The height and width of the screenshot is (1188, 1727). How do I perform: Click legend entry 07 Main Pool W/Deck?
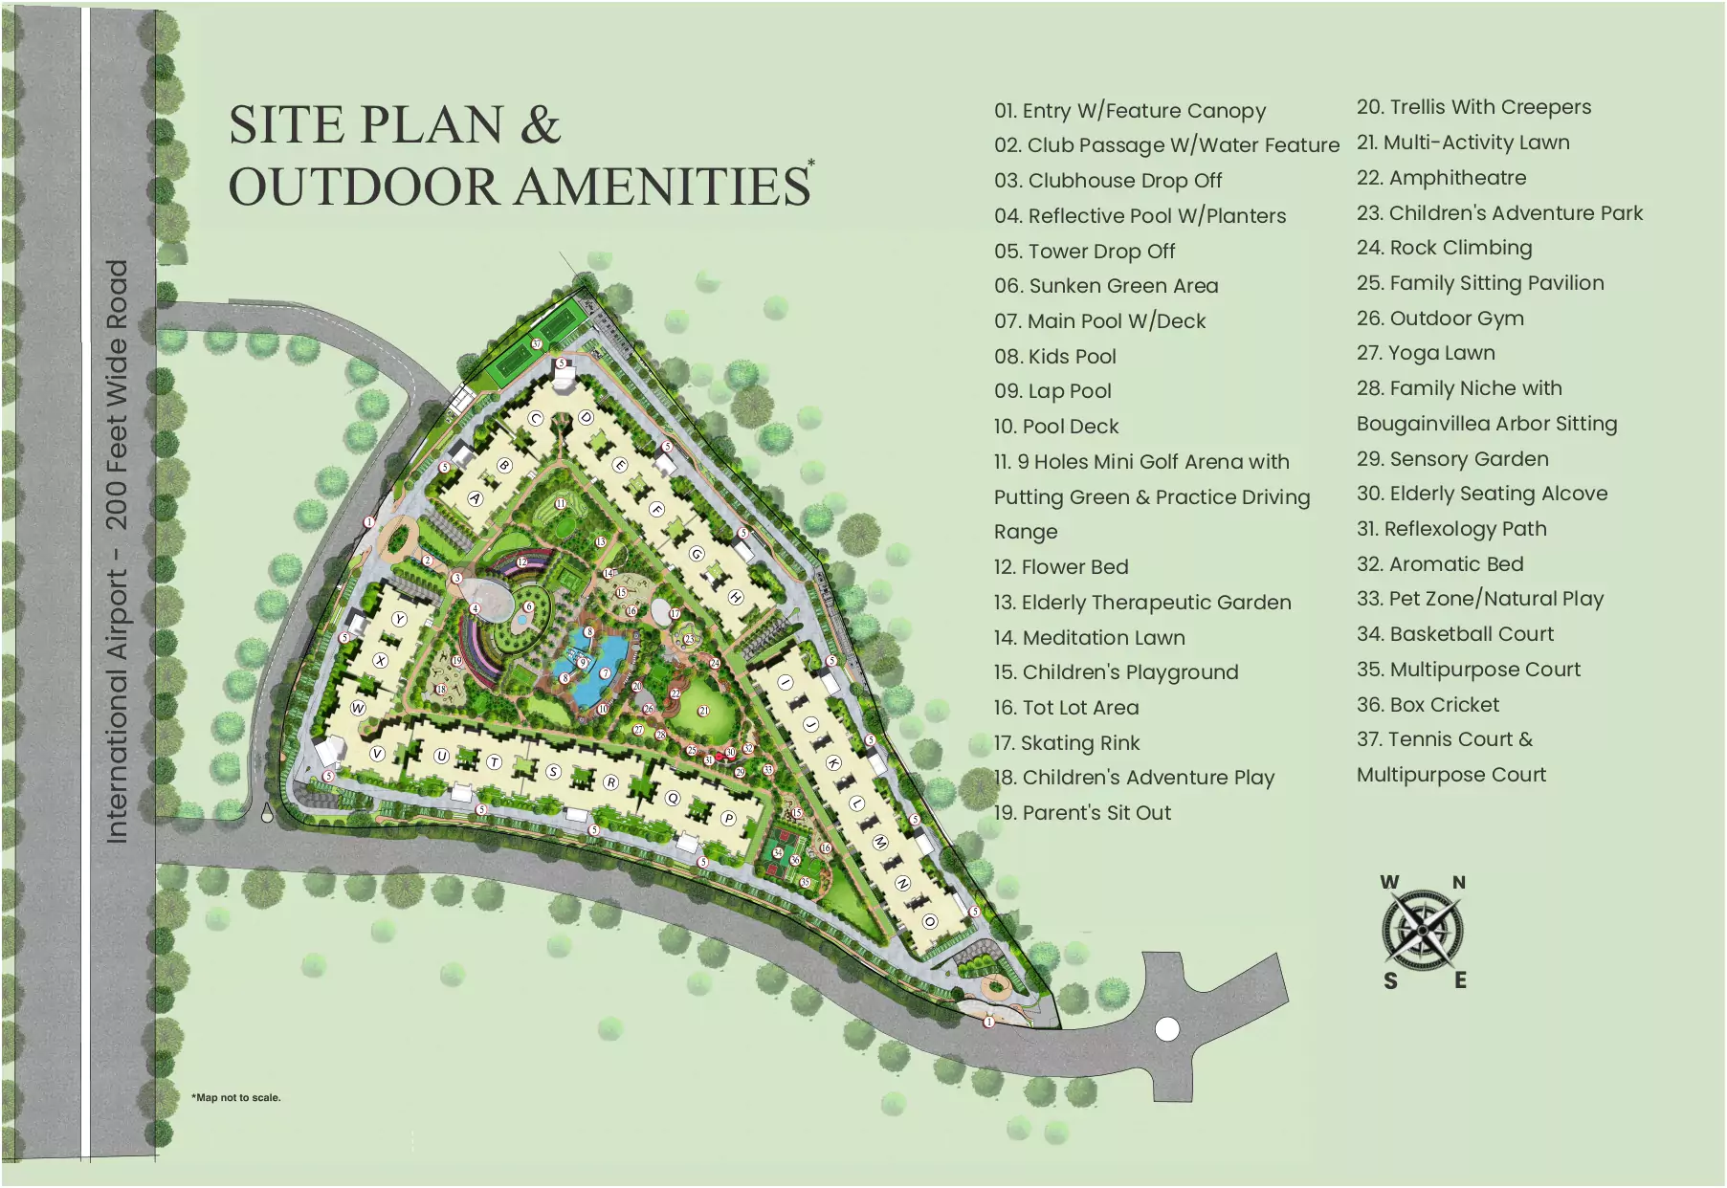click(1099, 321)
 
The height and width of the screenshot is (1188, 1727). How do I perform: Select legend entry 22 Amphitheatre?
click(1441, 178)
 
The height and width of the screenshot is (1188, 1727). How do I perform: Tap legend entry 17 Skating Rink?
click(1067, 743)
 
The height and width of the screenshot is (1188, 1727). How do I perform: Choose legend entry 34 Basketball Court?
click(1454, 634)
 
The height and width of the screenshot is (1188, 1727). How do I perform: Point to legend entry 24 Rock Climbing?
click(1444, 248)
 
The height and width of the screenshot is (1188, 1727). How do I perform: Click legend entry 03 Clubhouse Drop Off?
click(1108, 181)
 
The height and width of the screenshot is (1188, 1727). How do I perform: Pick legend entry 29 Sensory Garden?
click(1452, 459)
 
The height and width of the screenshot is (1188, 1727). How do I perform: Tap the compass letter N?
click(1459, 883)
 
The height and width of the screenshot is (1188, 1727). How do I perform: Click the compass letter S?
click(1390, 980)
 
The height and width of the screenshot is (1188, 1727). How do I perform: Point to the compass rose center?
click(1423, 930)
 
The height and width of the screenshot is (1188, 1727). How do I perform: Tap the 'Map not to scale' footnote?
click(236, 1097)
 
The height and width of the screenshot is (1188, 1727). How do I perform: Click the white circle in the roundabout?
click(1167, 1029)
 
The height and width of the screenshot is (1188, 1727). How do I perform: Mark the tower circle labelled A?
click(476, 498)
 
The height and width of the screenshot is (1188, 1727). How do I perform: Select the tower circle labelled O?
click(929, 921)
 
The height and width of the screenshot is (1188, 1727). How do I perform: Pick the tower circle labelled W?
click(358, 708)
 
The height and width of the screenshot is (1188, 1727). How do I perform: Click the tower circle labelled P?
click(728, 818)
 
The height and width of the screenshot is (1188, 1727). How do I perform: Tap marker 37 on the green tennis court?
click(537, 344)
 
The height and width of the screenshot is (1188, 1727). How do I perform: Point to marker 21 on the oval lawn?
click(703, 711)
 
